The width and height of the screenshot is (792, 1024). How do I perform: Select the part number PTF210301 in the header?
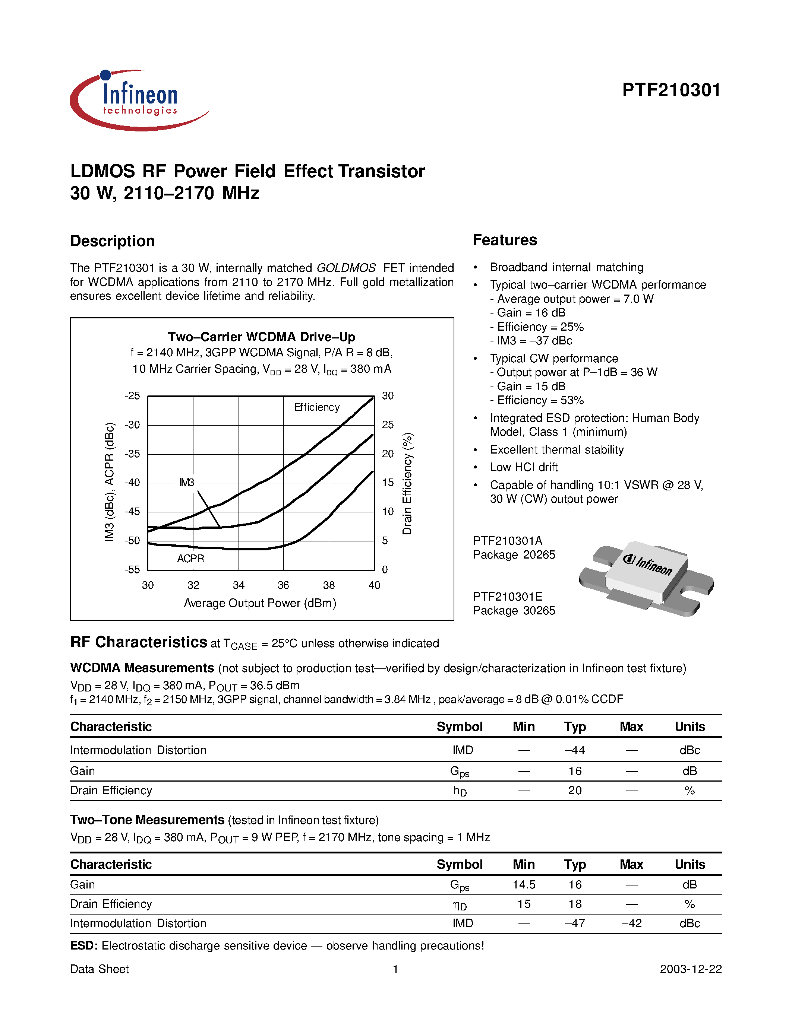671,90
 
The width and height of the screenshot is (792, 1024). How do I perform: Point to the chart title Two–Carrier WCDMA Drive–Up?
261,337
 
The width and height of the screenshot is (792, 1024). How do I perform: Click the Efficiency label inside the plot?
317,407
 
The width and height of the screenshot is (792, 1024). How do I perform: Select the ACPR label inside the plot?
190,559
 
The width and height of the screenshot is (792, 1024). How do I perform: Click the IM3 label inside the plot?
187,483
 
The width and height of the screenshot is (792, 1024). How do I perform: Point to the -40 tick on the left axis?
132,483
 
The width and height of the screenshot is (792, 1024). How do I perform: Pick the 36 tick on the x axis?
283,585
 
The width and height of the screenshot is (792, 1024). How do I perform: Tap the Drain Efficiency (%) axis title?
407,483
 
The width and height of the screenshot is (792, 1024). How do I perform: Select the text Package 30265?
514,610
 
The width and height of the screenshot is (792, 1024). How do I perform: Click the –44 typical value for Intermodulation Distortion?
575,750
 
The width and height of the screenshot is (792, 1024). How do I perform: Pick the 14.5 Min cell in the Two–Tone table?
524,885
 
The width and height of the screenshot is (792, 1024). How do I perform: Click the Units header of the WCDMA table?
689,727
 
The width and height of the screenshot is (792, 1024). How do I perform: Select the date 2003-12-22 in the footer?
690,969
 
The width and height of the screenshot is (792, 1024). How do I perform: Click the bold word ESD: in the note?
84,946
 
